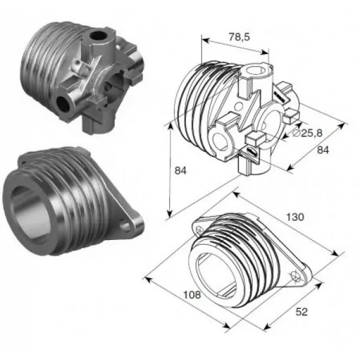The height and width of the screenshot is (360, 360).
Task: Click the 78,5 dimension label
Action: [x=239, y=37]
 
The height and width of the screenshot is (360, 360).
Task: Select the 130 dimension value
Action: [x=295, y=217]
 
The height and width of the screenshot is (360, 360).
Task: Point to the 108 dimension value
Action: [x=192, y=295]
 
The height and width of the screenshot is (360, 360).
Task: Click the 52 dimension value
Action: [x=301, y=312]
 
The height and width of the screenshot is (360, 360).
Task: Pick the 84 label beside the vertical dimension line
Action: [x=181, y=171]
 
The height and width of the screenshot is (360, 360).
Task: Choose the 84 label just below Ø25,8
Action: [x=323, y=150]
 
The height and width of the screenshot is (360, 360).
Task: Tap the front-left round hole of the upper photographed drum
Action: [x=63, y=104]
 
